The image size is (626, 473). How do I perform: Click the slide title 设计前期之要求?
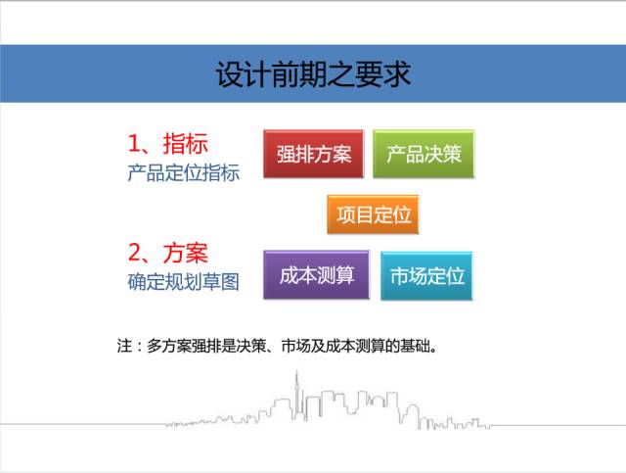click(x=313, y=74)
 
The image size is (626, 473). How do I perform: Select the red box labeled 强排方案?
click(x=313, y=154)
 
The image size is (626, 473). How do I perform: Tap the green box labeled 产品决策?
click(x=424, y=154)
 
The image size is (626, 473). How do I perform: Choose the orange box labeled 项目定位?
click(x=373, y=214)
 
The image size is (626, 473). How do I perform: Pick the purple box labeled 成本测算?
click(x=316, y=275)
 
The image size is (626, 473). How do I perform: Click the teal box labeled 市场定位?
click(x=426, y=276)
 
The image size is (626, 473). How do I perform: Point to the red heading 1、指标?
click(x=167, y=144)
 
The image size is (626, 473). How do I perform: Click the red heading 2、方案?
click(x=167, y=253)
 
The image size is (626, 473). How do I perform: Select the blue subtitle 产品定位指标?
click(x=184, y=173)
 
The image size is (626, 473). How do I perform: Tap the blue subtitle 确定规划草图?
click(x=184, y=282)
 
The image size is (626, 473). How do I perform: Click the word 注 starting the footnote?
click(x=124, y=346)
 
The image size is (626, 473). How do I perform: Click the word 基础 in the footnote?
click(x=415, y=346)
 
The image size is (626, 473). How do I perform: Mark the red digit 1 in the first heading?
click(x=133, y=144)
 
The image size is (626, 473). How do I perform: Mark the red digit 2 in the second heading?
click(x=134, y=253)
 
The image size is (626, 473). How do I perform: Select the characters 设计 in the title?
click(x=244, y=74)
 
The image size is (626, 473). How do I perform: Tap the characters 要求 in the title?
click(x=383, y=74)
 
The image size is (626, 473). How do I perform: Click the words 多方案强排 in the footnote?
click(x=184, y=346)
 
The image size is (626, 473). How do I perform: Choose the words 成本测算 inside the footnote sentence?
click(x=355, y=346)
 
